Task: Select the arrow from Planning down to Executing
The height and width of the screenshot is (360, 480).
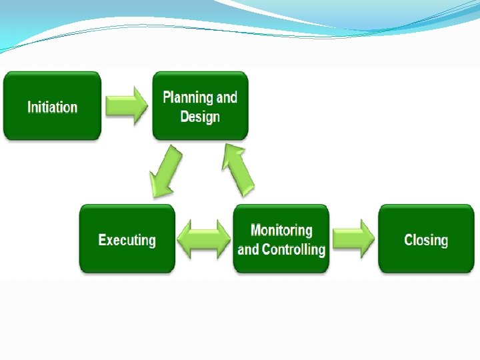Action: [x=165, y=171]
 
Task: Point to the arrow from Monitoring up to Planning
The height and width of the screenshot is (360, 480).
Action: [x=238, y=169]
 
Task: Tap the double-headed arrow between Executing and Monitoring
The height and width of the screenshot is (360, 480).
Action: [x=204, y=239]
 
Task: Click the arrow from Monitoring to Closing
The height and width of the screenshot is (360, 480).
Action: [x=353, y=238]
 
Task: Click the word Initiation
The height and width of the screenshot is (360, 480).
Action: [x=52, y=107]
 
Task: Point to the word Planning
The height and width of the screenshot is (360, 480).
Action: [x=189, y=98]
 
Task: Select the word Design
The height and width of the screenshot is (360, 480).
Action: [x=200, y=117]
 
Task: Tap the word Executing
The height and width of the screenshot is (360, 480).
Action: [x=127, y=240]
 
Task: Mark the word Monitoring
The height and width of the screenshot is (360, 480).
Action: [x=281, y=231]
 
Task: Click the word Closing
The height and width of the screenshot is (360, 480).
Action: [x=426, y=240]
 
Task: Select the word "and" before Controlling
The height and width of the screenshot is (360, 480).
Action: [x=248, y=250]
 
